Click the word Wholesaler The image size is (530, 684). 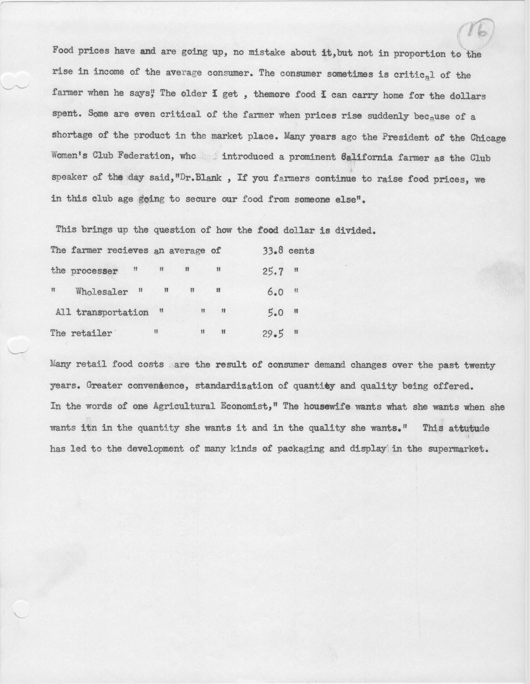tap(102, 292)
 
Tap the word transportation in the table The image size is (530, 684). tap(112, 312)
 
